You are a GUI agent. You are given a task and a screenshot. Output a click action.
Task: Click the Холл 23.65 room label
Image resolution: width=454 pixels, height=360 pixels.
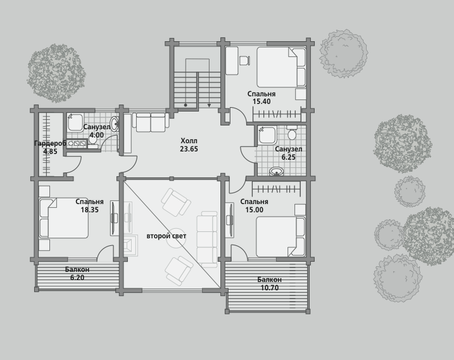pos(189,145)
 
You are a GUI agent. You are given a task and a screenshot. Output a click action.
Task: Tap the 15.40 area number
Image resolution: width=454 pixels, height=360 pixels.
pos(262,101)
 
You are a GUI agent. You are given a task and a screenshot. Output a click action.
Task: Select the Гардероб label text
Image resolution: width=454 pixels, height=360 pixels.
pos(51,143)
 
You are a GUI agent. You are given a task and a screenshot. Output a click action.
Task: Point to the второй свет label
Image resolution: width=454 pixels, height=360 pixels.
pos(166,236)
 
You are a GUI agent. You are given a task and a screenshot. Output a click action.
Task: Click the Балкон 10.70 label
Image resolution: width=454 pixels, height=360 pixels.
pos(270,284)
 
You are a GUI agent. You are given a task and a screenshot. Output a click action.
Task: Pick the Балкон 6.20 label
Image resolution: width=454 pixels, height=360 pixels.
pos(77,273)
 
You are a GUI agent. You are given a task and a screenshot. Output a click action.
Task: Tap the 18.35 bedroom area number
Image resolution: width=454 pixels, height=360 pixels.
pos(89,210)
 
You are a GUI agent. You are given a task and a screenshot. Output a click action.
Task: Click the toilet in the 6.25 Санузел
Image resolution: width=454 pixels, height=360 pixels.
pos(292,132)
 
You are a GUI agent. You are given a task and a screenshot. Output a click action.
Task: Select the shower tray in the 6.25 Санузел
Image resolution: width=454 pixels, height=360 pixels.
pos(267,134)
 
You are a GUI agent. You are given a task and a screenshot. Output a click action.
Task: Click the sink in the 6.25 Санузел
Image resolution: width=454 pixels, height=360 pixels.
pos(277,172)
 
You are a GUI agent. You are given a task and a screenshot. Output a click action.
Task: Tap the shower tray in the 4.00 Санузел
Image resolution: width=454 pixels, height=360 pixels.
pos(75,122)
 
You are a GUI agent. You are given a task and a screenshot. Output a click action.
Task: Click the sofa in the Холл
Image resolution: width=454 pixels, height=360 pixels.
pos(151,122)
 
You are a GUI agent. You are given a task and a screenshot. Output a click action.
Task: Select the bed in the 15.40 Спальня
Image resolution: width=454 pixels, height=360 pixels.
pos(281,67)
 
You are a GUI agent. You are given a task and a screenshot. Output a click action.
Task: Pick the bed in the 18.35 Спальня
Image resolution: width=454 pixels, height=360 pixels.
pos(64,218)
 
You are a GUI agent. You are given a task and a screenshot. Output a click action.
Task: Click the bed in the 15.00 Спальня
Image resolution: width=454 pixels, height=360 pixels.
pos(281,237)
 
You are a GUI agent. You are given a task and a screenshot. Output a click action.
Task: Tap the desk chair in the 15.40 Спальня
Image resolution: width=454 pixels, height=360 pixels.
pos(244,60)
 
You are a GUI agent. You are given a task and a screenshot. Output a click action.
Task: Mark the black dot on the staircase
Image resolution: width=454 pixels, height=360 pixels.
pos(186,105)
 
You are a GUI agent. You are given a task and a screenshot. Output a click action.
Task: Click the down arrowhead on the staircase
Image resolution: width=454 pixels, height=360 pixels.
pos(210,105)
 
